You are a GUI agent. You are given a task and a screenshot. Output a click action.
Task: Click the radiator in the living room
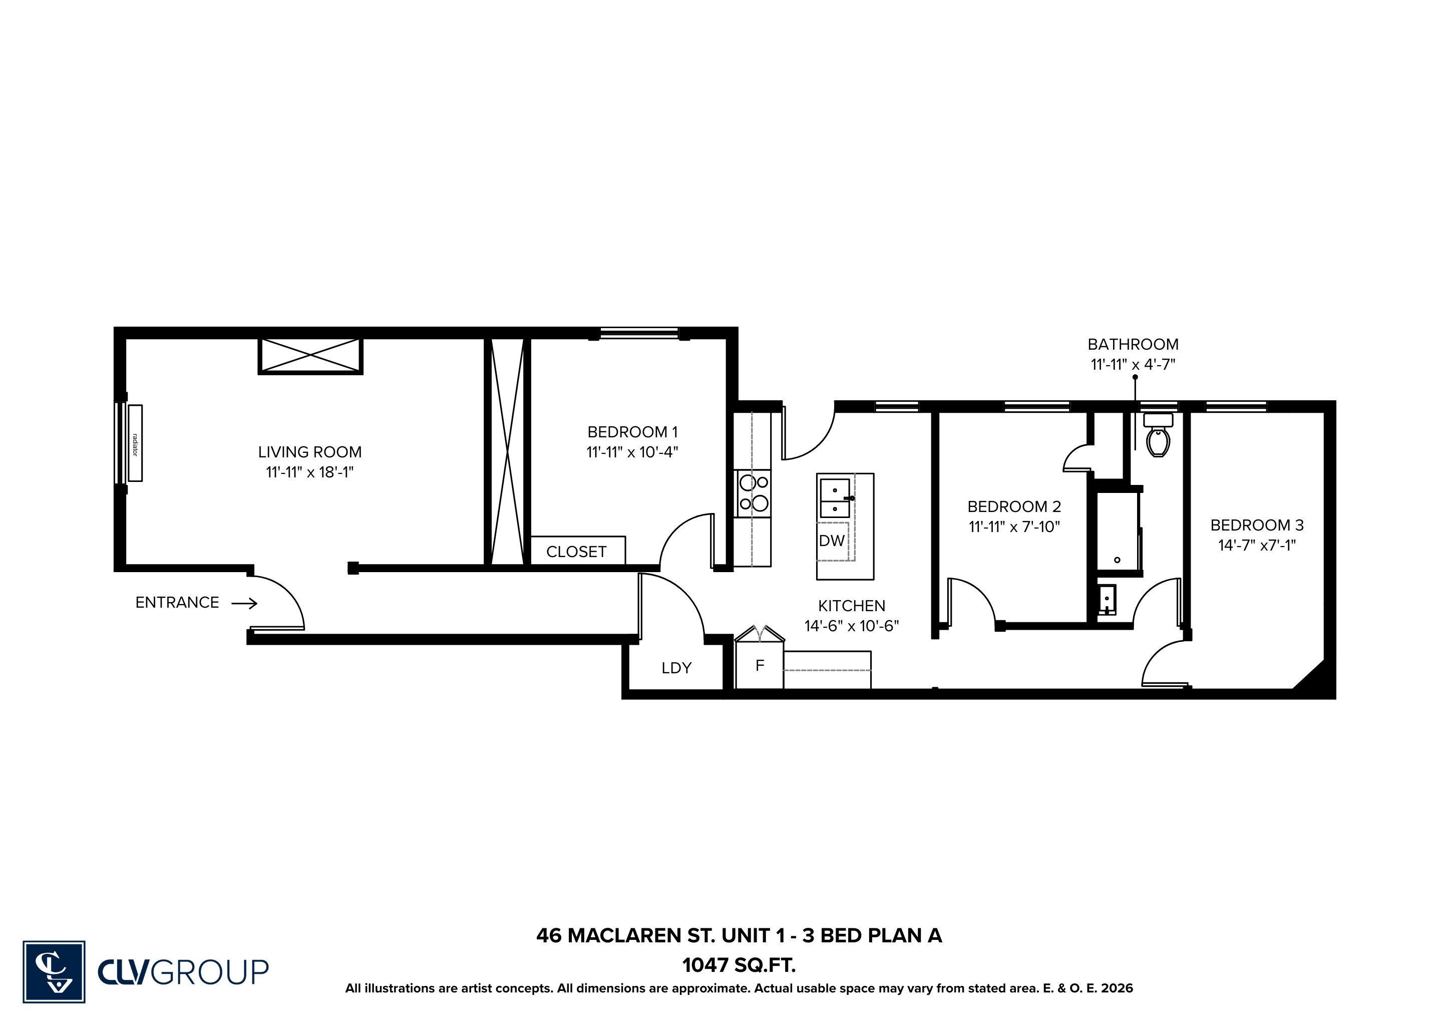pos(135,443)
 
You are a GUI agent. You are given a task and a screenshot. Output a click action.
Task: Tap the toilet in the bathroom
pos(1158,435)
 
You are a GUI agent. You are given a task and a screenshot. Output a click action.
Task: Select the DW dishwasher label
pos(832,541)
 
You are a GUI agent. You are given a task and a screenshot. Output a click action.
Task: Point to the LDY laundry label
pos(676,668)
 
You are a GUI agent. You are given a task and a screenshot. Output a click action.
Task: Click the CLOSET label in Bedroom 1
pos(576,552)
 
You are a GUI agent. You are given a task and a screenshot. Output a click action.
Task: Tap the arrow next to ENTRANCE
pos(244,604)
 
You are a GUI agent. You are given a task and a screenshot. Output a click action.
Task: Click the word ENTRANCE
pos(177,603)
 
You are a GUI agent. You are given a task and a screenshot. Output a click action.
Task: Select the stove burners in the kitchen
pos(753,493)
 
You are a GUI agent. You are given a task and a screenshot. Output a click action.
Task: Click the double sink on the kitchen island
pos(835,498)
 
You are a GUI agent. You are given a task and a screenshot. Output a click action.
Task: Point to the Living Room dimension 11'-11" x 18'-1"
pos(309,472)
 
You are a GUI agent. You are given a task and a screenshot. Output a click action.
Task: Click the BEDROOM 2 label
pos(1014,506)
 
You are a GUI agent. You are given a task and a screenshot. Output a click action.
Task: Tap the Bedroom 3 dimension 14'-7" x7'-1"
pos(1257,545)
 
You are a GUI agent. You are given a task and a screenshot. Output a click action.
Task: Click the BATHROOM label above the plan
pos(1133,344)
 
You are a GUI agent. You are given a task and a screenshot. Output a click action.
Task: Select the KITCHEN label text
pos(851,606)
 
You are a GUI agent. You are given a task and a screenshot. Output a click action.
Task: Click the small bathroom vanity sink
pos(1107,600)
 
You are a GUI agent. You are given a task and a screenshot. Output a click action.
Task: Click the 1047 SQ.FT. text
pos(739,965)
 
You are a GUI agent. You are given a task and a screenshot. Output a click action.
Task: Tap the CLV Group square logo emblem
pos(54,972)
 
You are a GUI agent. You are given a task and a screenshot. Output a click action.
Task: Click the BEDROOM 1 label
pos(632,432)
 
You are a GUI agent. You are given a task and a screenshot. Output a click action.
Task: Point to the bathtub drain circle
pos(1117,560)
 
